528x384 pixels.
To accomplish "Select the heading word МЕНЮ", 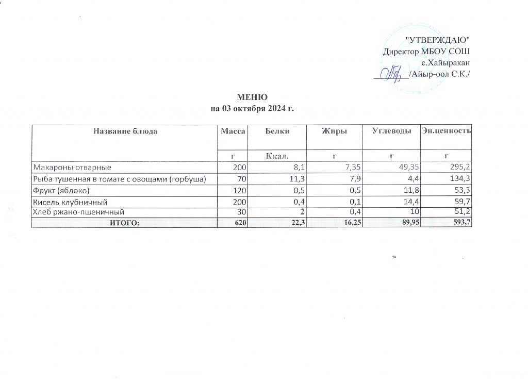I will point(252,98).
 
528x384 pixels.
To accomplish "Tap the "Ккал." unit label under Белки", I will point(277,155).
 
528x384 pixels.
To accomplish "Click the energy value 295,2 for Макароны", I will point(462,168).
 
